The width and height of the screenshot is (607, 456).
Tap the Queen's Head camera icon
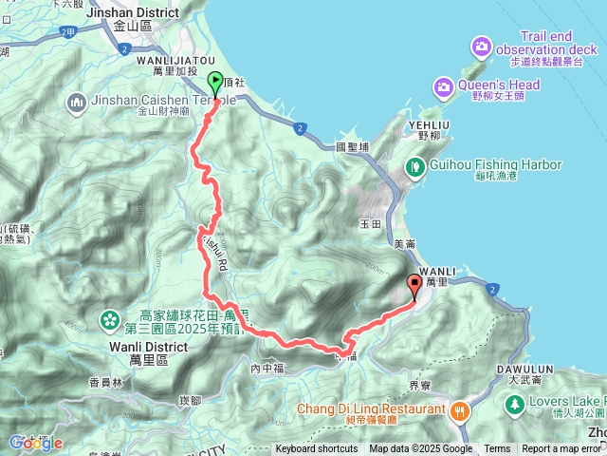coord(443,87)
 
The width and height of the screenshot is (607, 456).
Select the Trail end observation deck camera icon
coord(482,46)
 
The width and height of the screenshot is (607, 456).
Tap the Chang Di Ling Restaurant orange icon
coord(460,409)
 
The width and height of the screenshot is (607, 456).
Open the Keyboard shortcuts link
coord(317,449)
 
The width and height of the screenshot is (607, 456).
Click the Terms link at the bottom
coord(497,449)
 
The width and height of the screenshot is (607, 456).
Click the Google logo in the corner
coord(35,443)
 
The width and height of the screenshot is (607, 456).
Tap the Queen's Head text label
coord(500,85)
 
